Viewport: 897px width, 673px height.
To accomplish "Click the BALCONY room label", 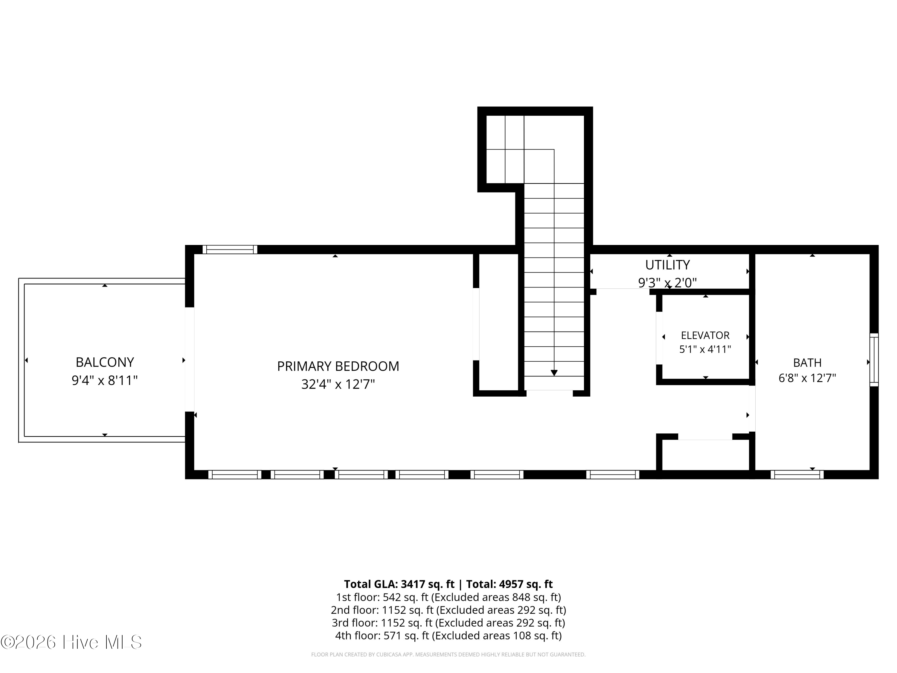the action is point(105,362).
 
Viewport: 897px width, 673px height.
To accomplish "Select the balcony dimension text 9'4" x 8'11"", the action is point(105,380).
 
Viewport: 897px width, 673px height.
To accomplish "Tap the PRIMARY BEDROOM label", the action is point(338,366).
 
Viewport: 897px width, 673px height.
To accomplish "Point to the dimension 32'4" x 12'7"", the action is point(338,384).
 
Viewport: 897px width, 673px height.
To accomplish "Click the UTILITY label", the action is point(667,265).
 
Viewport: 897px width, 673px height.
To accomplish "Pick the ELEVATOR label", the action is point(705,336).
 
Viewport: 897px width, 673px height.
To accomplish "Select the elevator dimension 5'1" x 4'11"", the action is point(705,349).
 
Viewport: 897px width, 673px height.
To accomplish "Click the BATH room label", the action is point(807,363).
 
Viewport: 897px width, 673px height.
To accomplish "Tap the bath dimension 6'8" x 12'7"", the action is point(807,378).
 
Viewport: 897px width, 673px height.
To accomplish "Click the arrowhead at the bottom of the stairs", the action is point(554,373).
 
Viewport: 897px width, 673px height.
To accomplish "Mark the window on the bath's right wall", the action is point(874,360).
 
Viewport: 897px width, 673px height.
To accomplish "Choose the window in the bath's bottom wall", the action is point(797,475).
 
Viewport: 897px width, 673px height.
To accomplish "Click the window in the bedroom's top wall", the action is point(230,249).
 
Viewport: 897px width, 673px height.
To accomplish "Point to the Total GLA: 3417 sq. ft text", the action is point(399,584).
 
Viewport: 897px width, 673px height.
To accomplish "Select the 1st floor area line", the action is point(448,597).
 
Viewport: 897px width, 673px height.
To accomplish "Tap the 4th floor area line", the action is point(448,635).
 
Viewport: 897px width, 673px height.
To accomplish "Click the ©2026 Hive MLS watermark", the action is point(71,642).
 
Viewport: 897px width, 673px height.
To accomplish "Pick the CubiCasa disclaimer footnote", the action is point(448,654).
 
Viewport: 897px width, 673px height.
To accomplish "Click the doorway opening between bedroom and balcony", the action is point(189,360).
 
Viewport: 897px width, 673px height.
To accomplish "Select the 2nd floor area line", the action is point(448,610).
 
